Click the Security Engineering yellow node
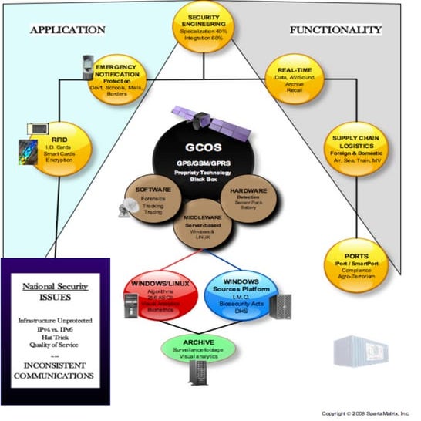click(x=207, y=25)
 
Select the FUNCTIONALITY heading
click(x=335, y=30)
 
